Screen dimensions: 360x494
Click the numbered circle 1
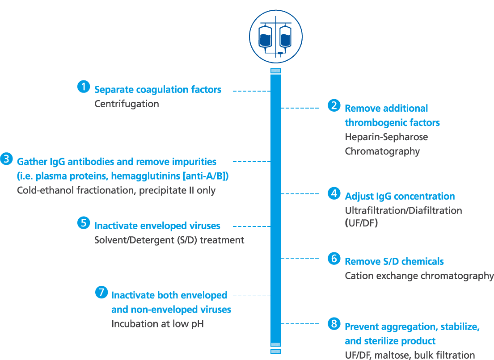pos(84,87)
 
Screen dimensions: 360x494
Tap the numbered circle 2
pos(334,105)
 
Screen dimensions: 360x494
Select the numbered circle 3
pos(6,159)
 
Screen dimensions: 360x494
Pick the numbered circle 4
pos(334,193)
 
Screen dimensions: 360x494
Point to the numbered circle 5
pos(84,223)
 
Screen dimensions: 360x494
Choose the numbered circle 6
pos(334,259)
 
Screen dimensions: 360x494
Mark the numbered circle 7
pos(101,293)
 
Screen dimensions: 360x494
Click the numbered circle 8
pos(334,324)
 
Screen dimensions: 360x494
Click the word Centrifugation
pos(127,104)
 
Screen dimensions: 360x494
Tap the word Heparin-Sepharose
pos(386,137)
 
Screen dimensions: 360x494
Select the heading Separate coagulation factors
pos(157,90)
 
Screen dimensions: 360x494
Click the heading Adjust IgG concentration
pos(400,197)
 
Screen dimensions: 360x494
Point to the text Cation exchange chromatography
pos(419,276)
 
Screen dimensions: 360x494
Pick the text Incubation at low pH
pos(157,324)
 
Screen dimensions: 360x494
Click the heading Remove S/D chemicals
pos(394,261)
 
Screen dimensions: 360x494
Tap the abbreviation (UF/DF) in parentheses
pos(361,223)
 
